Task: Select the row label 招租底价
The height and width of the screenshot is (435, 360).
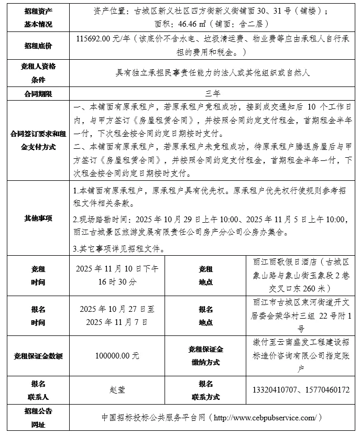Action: [x=38, y=46]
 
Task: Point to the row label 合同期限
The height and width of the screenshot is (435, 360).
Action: [x=38, y=93]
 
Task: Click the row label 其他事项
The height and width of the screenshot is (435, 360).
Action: [x=38, y=217]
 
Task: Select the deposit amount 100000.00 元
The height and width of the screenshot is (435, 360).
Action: [x=117, y=356]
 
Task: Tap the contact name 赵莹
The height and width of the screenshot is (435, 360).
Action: [x=117, y=390]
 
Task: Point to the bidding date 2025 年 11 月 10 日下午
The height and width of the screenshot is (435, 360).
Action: [x=117, y=269]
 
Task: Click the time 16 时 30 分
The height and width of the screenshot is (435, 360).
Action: [x=117, y=281]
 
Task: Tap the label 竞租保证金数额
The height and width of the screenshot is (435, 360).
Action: [x=38, y=356]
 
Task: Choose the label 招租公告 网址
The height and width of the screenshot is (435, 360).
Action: [x=38, y=417]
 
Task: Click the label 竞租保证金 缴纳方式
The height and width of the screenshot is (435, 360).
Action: [x=205, y=356]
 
